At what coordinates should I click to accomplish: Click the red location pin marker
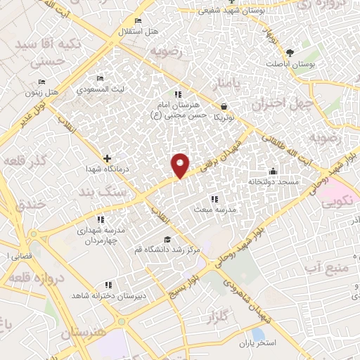click(x=181, y=164)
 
